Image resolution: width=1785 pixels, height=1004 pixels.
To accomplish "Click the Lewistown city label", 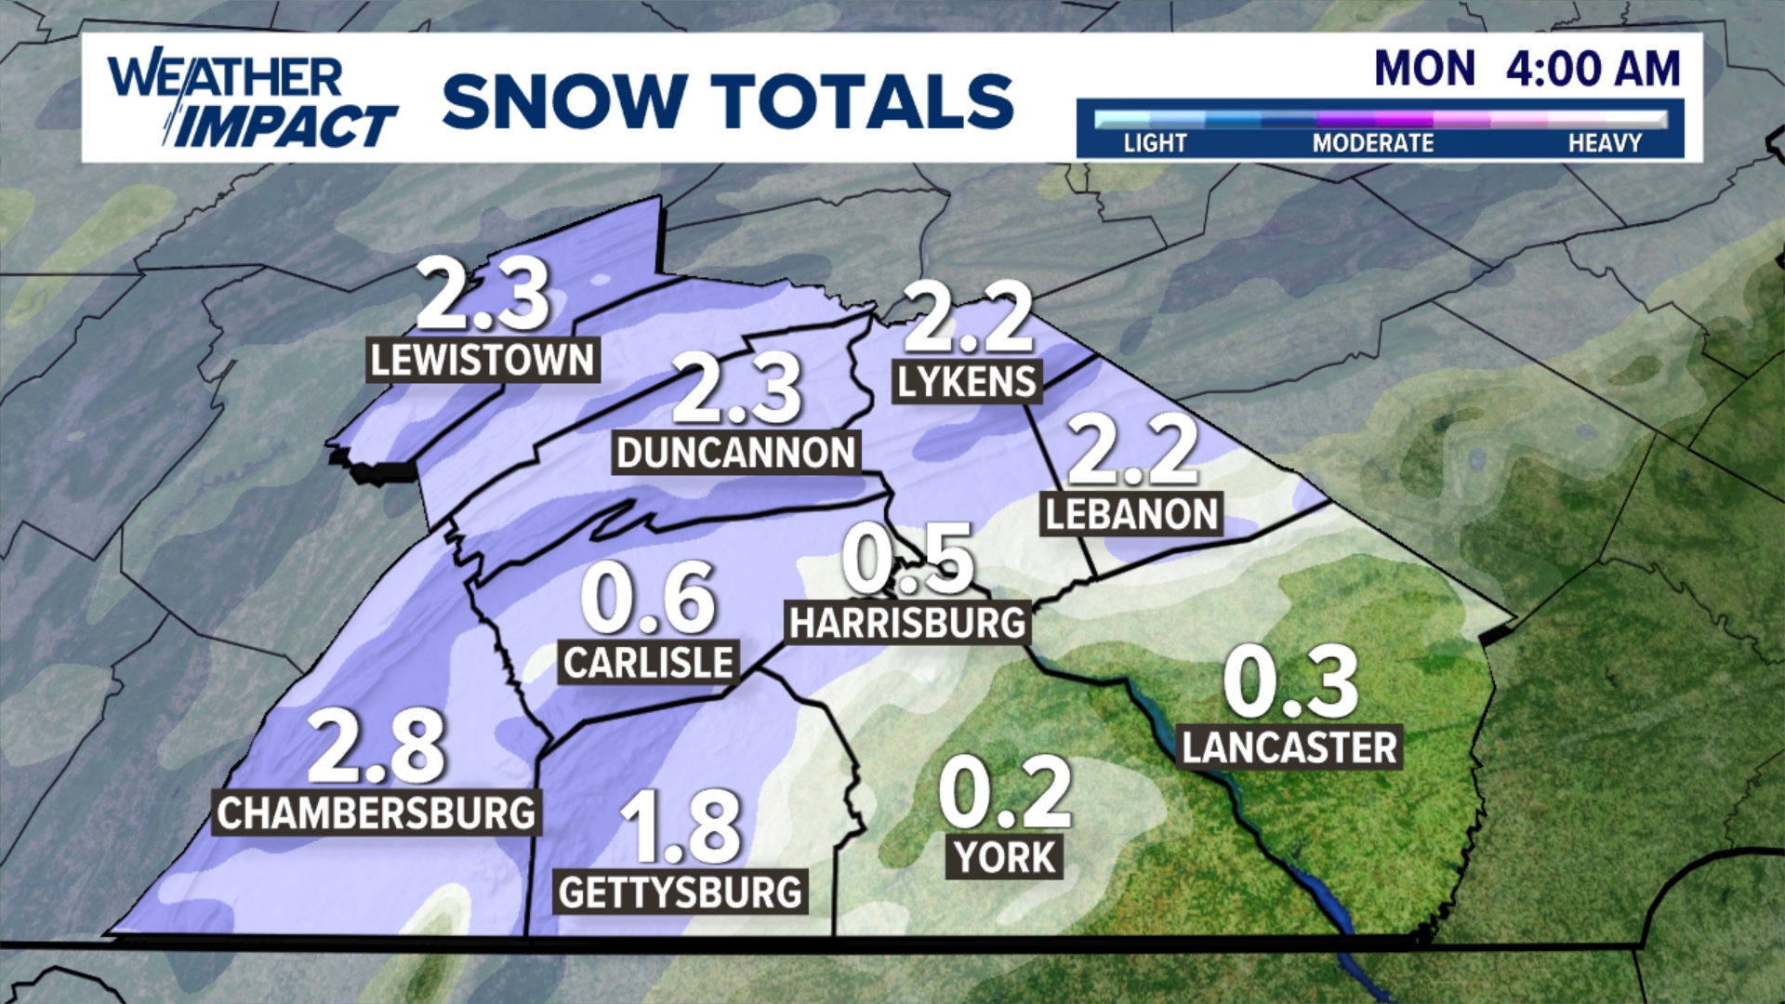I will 482,361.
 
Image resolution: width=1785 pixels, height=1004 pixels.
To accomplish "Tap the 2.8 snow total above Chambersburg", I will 377,746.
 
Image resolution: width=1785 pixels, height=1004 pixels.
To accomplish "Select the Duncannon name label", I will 735,453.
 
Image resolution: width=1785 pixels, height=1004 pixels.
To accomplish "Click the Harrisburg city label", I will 907,623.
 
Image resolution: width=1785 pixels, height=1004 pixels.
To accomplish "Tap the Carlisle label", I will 648,663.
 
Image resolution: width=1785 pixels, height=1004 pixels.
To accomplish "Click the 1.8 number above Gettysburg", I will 681,827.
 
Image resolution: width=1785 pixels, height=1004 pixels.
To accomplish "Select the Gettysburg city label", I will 681,892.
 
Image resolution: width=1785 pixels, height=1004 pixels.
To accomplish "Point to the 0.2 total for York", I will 1004,793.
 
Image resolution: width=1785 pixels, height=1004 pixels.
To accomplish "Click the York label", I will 1005,857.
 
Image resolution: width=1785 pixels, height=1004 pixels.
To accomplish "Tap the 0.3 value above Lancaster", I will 1290,683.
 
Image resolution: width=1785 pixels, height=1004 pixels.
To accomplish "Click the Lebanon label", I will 1131,514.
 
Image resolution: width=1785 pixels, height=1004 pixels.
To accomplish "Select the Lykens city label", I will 967,382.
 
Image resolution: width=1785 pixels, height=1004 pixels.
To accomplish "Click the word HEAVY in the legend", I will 1605,143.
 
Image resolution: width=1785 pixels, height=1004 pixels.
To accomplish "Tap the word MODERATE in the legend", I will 1372,143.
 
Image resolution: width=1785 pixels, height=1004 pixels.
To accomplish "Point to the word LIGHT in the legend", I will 1155,143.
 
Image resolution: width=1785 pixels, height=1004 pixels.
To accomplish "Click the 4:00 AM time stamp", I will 1593,69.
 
